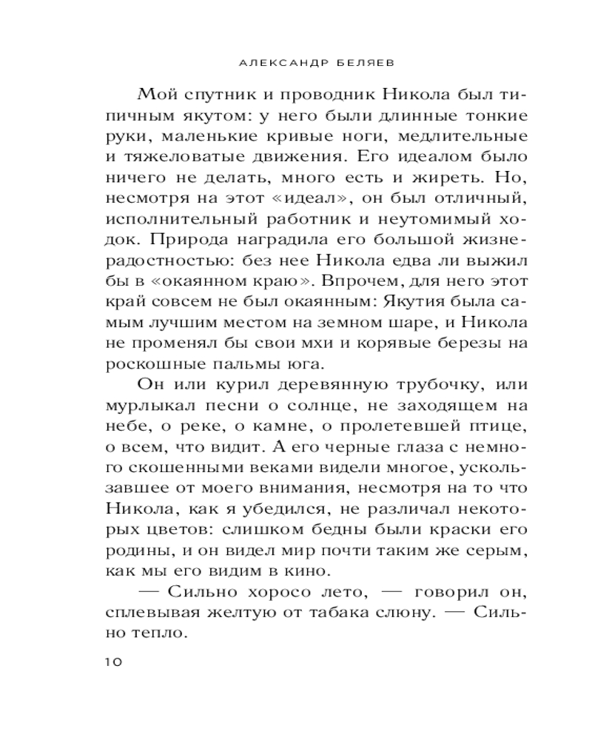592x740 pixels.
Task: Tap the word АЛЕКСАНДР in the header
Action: (281, 64)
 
